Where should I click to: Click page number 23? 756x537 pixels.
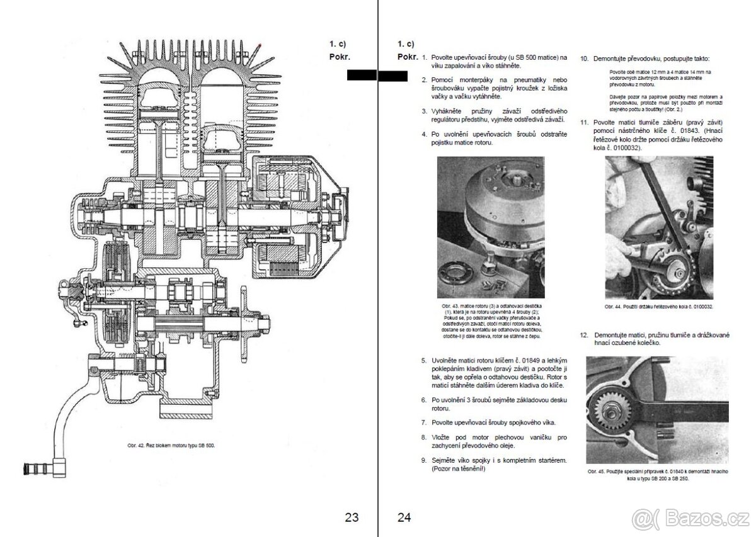tap(352, 517)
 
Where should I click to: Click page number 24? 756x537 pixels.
tap(404, 517)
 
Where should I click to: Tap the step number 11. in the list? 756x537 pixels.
tap(584, 121)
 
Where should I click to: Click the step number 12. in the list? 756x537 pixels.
tap(584, 336)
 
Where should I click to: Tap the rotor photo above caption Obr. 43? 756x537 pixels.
tap(490, 227)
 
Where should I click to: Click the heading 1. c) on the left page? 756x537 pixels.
tap(338, 43)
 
